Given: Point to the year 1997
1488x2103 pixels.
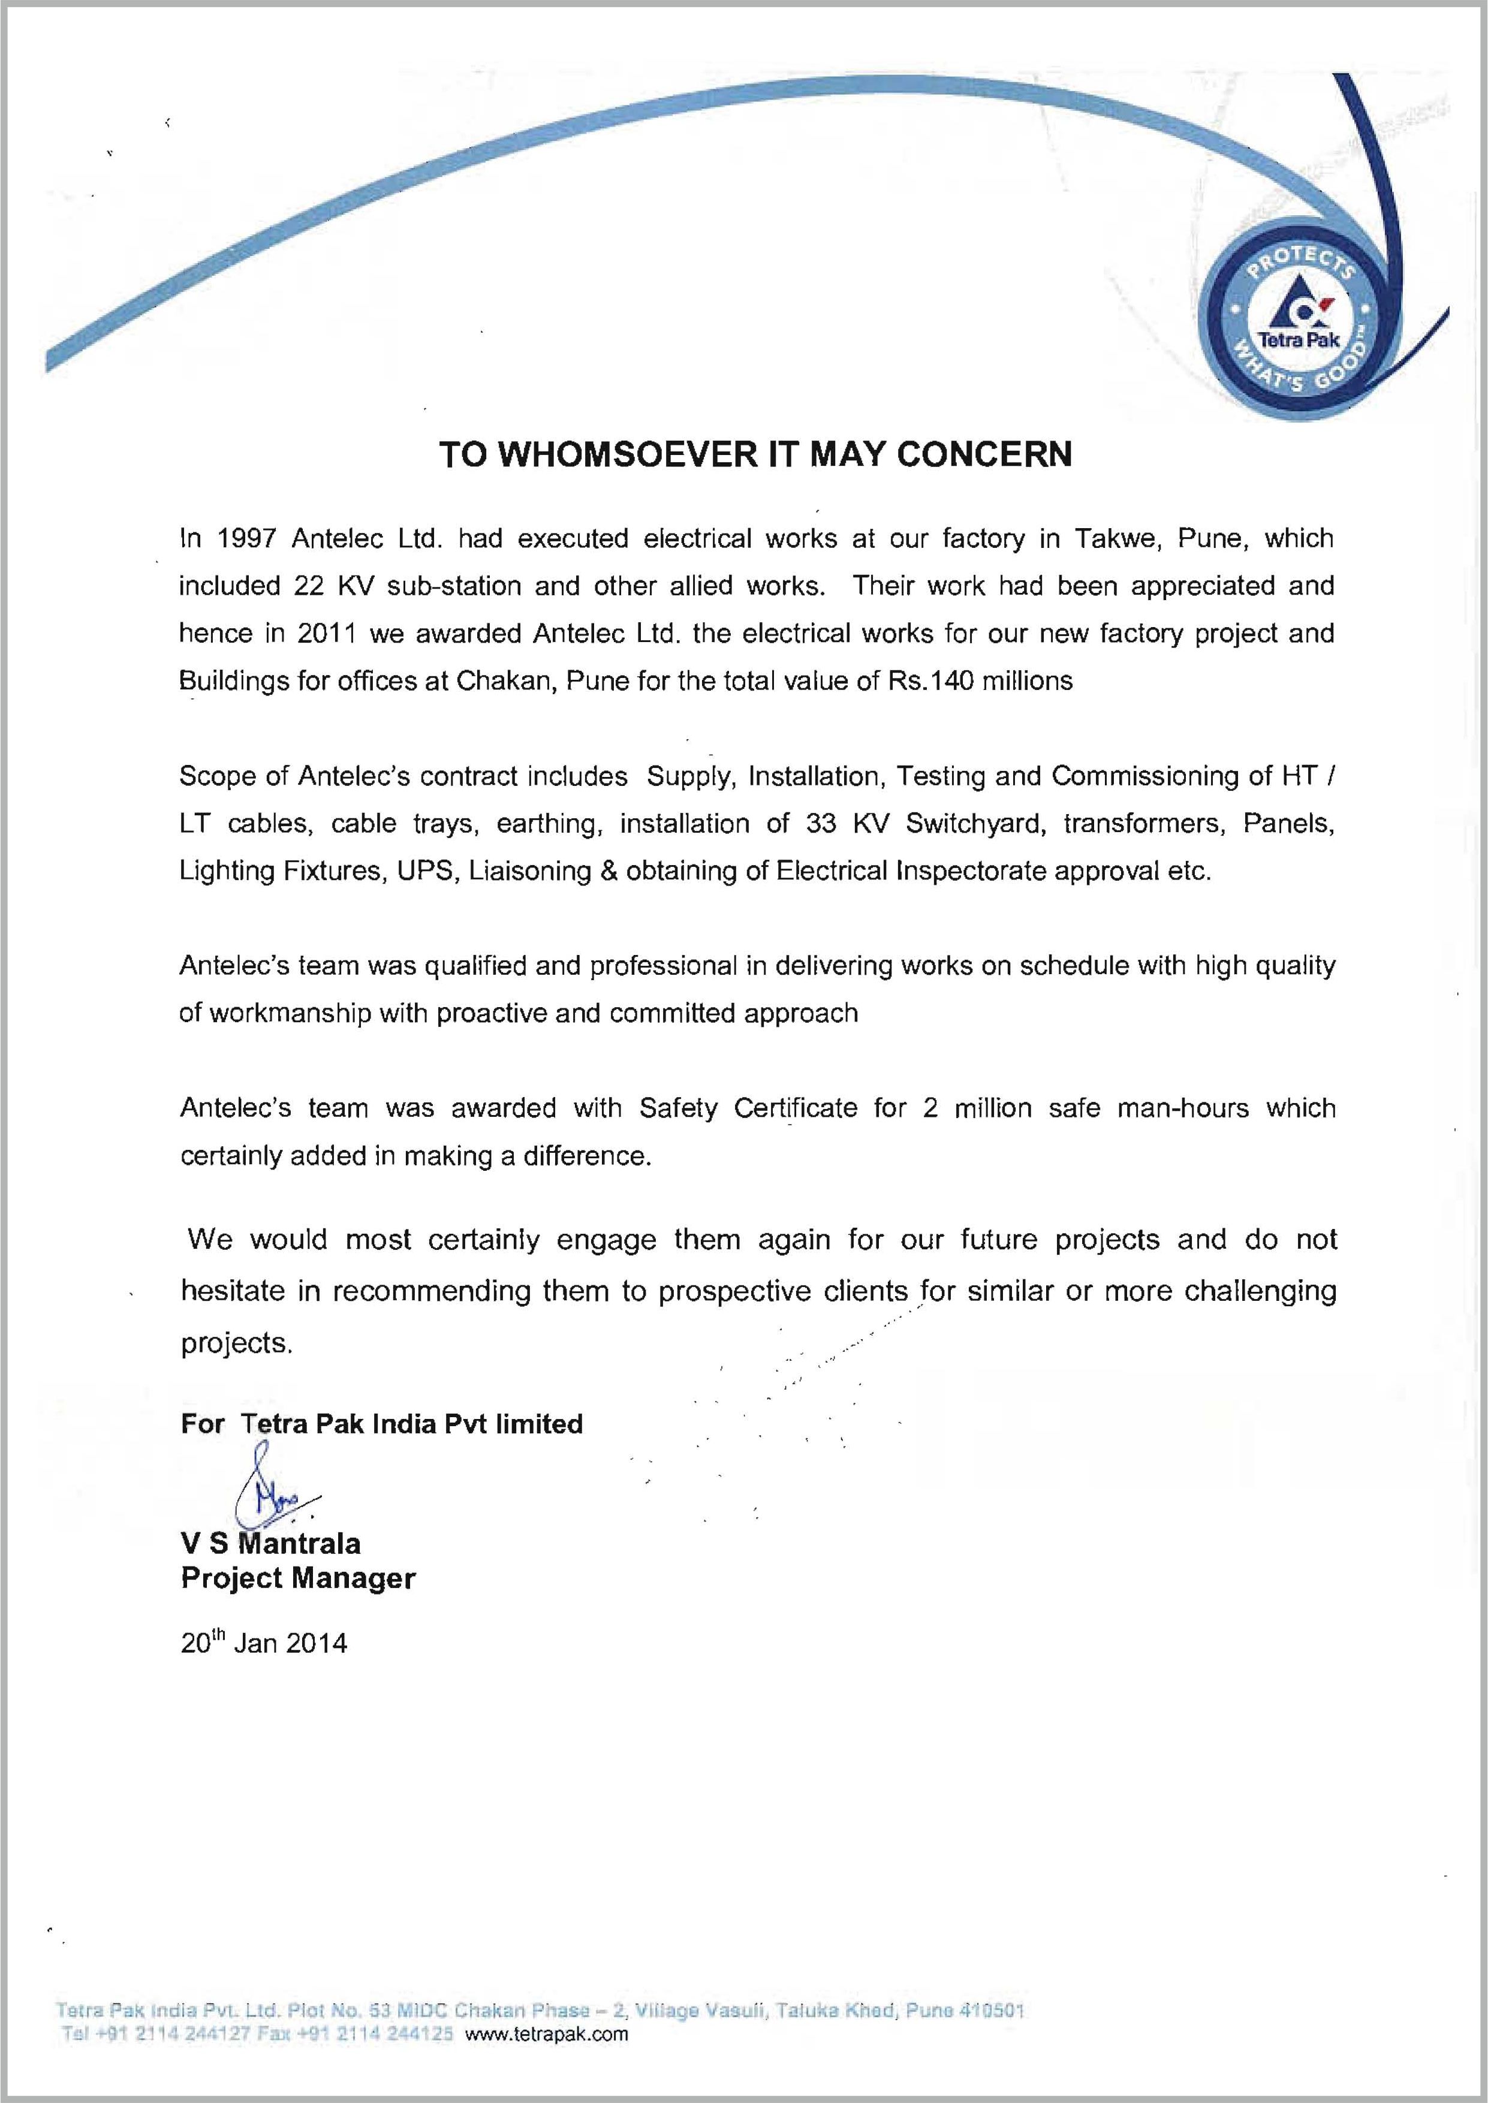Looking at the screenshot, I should click(246, 538).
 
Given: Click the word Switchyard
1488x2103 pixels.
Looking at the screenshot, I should click(975, 824).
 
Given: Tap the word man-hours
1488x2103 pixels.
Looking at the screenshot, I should click(1183, 1108).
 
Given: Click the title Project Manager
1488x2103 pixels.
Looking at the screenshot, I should click(298, 1578).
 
